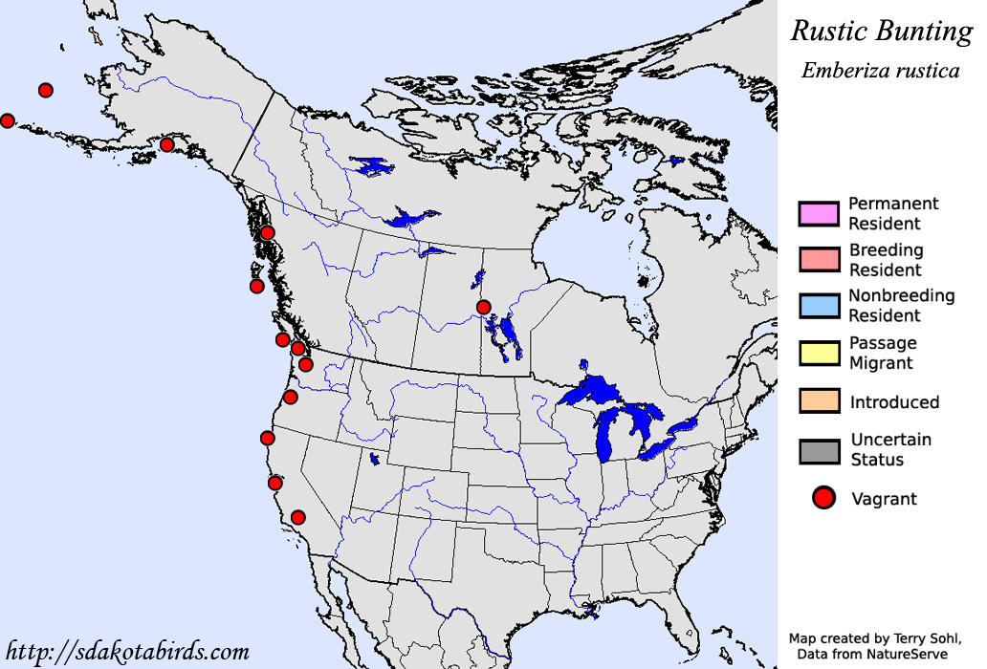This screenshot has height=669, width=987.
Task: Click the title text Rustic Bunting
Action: pos(880,31)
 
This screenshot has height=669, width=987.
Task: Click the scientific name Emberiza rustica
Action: pos(880,71)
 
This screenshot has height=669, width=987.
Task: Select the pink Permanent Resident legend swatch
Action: pos(820,213)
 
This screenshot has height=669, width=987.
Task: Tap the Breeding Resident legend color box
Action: pos(820,259)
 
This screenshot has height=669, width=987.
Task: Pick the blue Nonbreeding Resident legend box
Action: pos(820,305)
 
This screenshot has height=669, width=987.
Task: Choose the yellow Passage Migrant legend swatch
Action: pos(820,352)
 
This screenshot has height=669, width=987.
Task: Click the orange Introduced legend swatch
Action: pos(820,401)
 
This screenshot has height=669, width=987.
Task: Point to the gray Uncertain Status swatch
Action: pos(820,450)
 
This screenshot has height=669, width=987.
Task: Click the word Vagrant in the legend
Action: pos(884,499)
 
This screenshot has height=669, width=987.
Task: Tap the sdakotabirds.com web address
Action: pos(127,652)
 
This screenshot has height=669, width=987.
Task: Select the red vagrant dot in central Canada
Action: pos(484,307)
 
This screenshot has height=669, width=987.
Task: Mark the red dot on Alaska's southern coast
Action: pos(166,144)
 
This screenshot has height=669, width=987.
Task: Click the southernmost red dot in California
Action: pos(297,517)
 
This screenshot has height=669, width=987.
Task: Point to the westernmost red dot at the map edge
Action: pos(7,120)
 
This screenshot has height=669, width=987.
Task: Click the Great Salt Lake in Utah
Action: pos(373,460)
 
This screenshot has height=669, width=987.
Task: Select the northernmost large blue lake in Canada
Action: pos(373,167)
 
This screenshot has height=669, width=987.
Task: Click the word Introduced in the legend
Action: pos(894,402)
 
